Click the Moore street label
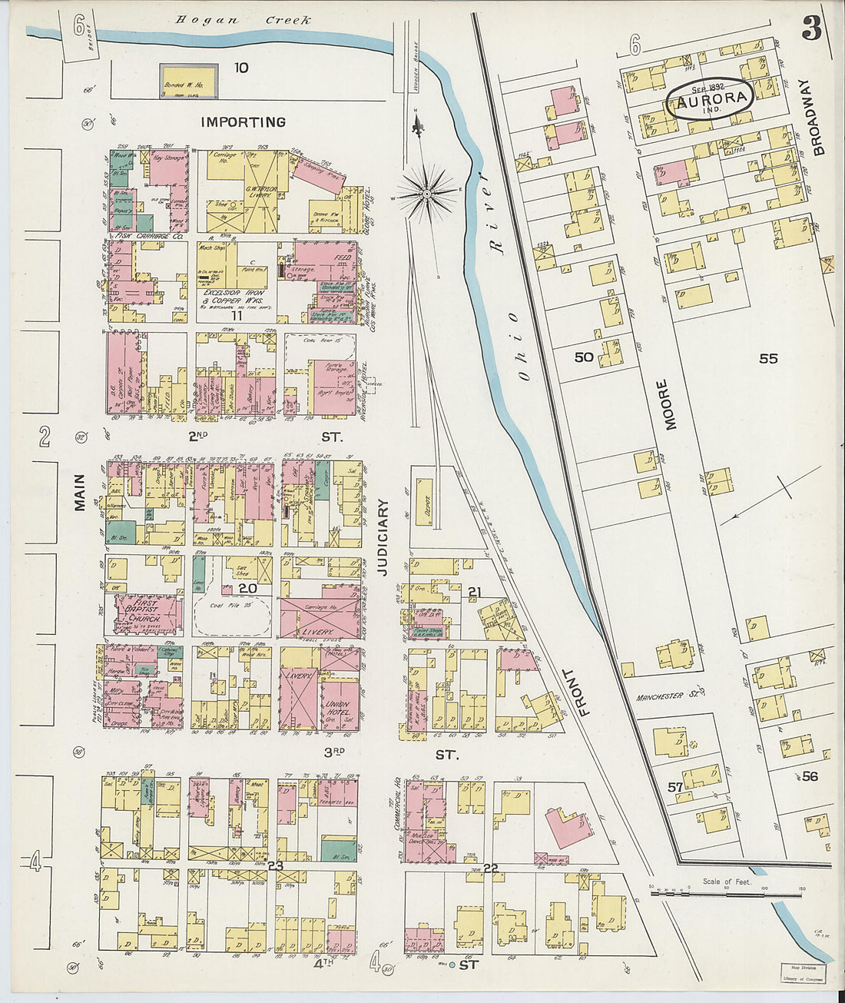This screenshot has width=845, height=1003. (669, 404)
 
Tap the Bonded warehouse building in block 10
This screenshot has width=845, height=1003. (188, 81)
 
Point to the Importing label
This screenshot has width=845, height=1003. (243, 122)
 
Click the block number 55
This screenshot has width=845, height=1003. (768, 359)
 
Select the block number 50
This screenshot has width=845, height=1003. (584, 357)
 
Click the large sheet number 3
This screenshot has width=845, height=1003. (810, 28)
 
